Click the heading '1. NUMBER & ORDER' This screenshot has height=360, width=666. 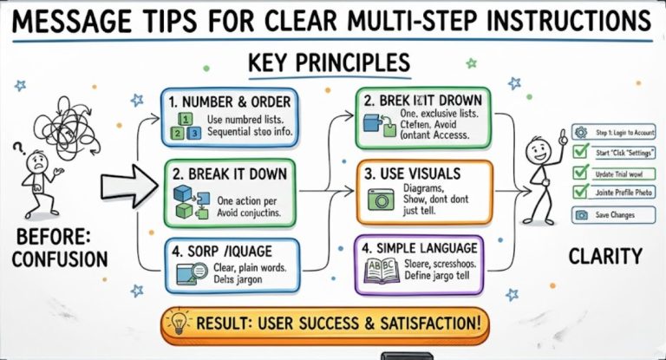[232, 101]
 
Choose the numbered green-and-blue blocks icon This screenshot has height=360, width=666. [188, 126]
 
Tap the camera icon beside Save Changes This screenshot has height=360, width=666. [579, 214]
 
